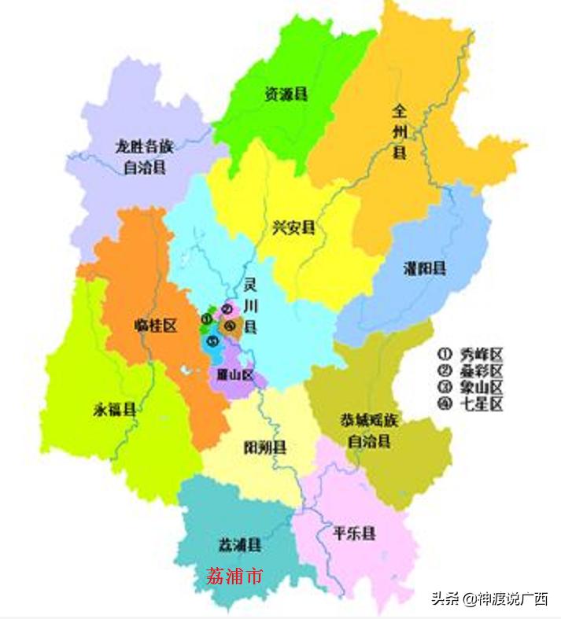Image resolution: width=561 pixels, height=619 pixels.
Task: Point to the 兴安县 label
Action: tap(293, 228)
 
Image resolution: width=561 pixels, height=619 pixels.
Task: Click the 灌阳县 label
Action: tap(423, 268)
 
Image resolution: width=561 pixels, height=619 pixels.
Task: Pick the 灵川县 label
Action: tap(250, 304)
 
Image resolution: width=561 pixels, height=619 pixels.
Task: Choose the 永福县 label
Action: tap(114, 409)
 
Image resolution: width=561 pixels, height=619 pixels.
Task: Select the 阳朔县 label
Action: tap(265, 448)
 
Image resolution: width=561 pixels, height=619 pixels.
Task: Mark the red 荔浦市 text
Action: tap(234, 577)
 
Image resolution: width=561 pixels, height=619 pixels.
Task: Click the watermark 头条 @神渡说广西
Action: tap(489, 599)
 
